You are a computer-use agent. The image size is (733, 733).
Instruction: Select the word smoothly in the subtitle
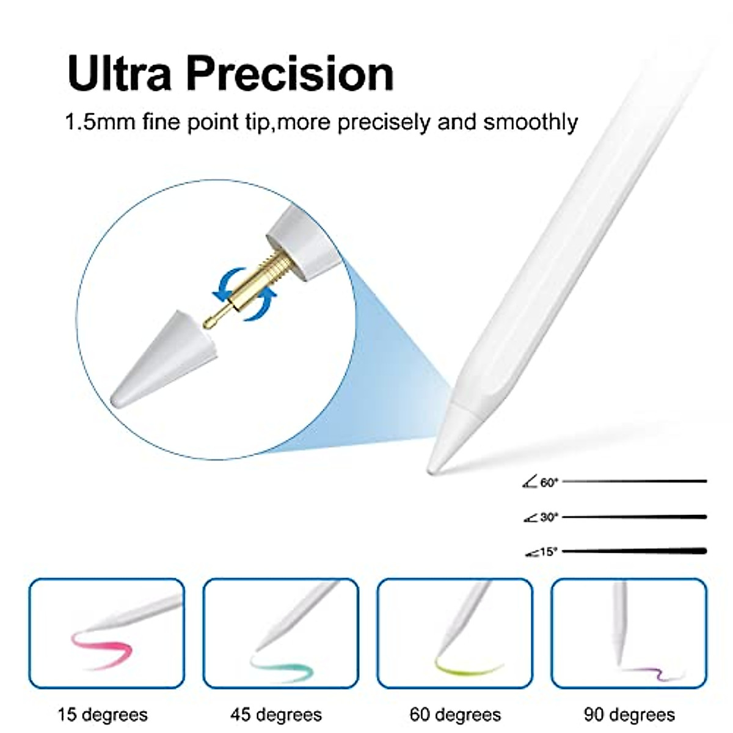[530, 122]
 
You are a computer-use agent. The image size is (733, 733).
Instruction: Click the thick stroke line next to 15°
[635, 551]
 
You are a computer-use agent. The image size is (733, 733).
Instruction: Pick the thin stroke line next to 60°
[635, 481]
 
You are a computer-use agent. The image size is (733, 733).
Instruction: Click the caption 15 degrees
[103, 714]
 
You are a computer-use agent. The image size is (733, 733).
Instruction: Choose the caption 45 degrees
[276, 714]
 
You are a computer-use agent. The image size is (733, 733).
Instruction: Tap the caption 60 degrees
[455, 714]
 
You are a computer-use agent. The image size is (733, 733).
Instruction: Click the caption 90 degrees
[629, 714]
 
